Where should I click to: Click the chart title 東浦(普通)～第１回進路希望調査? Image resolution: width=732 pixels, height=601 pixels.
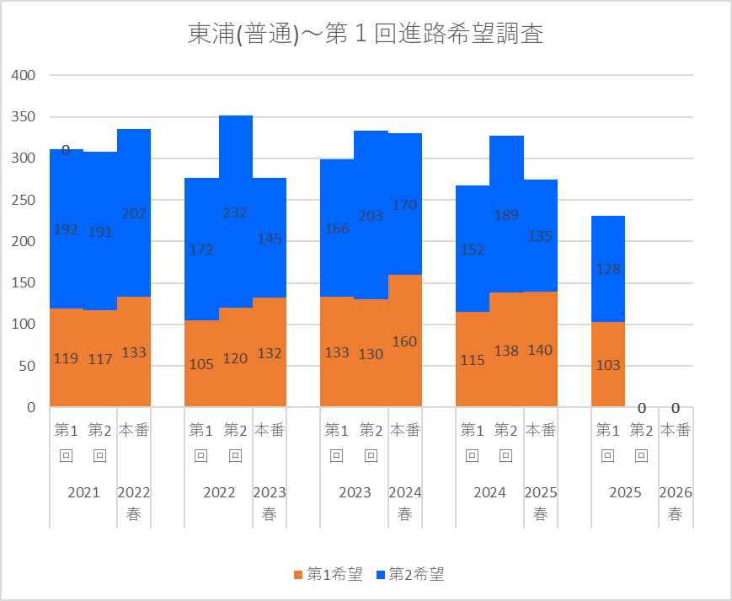pos(365,35)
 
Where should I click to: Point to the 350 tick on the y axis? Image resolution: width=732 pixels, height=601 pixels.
pos(23,116)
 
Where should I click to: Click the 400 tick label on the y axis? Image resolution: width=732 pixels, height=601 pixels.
pos(23,75)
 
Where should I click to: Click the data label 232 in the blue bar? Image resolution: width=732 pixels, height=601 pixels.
pos(235,212)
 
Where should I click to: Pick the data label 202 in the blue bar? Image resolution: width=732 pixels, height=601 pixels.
pos(134,214)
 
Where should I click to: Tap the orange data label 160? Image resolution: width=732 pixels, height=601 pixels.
pos(404,341)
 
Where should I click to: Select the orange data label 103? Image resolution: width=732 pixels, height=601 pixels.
pos(607,365)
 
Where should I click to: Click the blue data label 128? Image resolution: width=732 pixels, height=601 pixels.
pos(607,270)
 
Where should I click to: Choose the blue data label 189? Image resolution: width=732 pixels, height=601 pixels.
pos(506,216)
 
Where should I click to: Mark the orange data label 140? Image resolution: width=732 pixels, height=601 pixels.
pos(540,350)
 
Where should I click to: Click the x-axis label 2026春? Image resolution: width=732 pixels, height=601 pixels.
pos(675,503)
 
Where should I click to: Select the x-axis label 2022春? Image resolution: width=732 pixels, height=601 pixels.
pos(134,503)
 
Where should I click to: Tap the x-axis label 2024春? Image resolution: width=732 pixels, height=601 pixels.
pos(404,503)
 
